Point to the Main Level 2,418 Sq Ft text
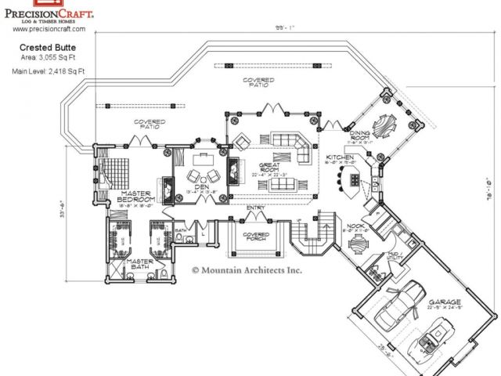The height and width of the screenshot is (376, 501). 49,70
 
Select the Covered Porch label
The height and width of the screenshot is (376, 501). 256,237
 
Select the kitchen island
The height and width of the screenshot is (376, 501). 354,179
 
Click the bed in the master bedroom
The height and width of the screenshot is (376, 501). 119,168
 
